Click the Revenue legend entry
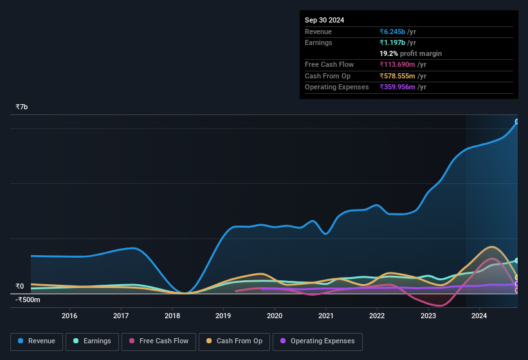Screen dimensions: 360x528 tap(37, 341)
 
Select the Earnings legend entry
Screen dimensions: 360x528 tap(92, 341)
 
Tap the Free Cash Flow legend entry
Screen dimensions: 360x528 tap(158, 341)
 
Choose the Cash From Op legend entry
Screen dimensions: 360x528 tap(233, 341)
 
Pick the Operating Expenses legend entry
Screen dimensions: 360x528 tap(317, 341)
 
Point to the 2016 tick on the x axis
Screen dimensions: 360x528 tap(69, 316)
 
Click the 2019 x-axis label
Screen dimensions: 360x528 tap(223, 316)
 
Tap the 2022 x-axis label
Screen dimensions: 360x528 tap(377, 316)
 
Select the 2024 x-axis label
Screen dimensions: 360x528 tap(479, 316)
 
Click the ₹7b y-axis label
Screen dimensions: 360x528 tap(22, 107)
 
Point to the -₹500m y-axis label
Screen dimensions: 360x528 tap(28, 300)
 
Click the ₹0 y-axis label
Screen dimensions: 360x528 tap(19, 287)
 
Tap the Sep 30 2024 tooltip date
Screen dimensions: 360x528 tap(324, 20)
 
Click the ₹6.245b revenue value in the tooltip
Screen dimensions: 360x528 tap(393, 32)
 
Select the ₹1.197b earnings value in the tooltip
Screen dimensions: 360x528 tap(392, 43)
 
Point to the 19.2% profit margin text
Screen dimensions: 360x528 tap(410, 54)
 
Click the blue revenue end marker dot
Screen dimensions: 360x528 tap(517, 122)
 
